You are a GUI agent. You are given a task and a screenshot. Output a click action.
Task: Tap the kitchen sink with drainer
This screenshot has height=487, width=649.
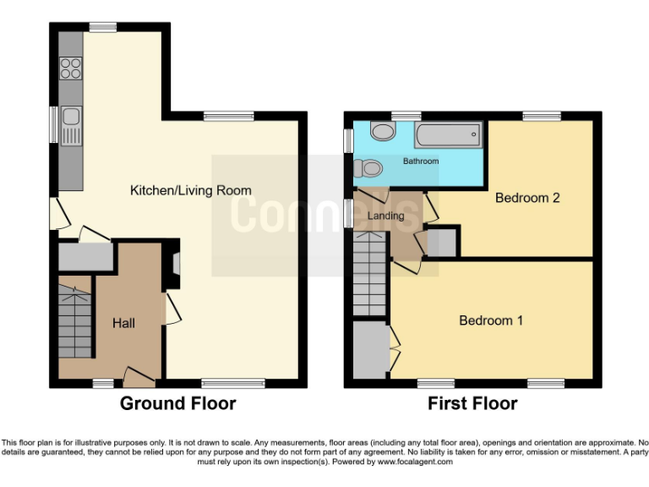tap(72, 124)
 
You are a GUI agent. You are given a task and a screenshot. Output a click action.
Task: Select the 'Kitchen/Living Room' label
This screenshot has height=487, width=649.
tap(190, 190)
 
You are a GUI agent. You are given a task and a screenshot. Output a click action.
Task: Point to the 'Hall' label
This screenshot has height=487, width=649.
tap(124, 323)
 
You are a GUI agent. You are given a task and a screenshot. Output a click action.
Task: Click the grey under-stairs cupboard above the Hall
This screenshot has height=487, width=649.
tap(85, 256)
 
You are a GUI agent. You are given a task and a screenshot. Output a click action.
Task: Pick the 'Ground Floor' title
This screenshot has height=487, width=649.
tap(177, 403)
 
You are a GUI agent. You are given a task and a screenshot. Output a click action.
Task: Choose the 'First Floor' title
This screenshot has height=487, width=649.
tap(472, 403)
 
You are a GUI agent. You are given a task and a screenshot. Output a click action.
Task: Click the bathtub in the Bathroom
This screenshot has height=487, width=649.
tap(447, 134)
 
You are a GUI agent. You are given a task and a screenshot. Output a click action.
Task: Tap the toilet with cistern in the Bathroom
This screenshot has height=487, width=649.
tap(369, 170)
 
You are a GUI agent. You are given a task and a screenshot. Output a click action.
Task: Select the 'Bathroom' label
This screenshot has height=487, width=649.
tap(420, 161)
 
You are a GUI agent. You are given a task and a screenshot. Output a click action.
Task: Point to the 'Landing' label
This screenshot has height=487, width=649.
tap(387, 216)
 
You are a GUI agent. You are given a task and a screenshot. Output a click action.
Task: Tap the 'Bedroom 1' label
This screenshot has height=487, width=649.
tap(491, 320)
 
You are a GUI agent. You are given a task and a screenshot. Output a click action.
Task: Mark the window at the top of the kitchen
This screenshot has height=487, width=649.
tap(103, 27)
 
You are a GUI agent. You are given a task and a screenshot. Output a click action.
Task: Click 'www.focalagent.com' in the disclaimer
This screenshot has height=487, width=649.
tap(414, 462)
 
